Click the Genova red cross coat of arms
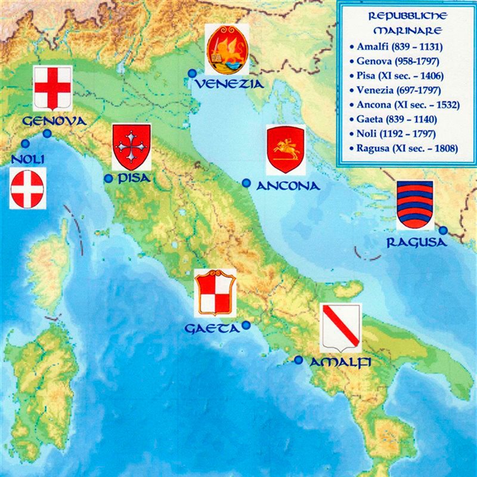(52, 88)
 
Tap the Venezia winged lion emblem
(227, 50)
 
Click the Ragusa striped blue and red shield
(415, 205)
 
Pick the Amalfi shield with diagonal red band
(340, 329)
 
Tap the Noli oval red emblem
(27, 188)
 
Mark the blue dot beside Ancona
(246, 183)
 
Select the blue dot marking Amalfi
(299, 360)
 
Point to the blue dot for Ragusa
(443, 230)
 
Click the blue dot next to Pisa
(108, 178)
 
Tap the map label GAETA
(212, 329)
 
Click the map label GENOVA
(54, 121)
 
